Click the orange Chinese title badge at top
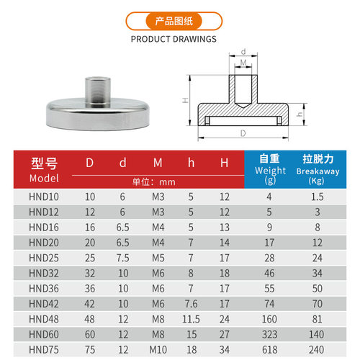174,21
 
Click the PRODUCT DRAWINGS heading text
174,39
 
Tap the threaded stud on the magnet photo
98,91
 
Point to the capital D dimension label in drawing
243,133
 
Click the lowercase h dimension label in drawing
300,114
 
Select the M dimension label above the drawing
243,63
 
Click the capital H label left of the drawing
185,100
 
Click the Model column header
44,170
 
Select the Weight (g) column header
270,169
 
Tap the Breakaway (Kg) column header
318,169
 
